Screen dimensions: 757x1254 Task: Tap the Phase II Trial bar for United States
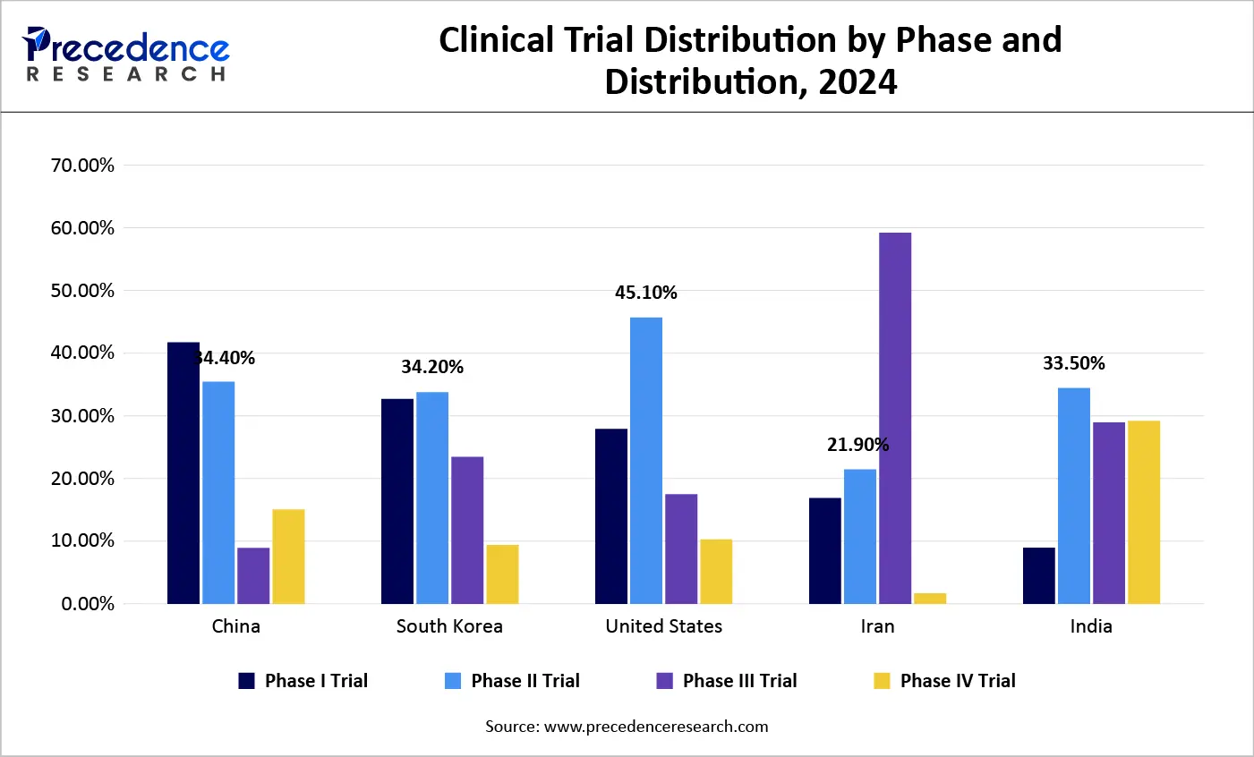coord(646,460)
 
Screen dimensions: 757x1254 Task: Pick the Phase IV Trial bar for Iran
coord(930,598)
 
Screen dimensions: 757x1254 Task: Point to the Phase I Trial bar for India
coord(1039,575)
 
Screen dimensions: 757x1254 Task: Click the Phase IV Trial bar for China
coord(288,556)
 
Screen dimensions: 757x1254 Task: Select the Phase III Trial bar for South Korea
coord(467,530)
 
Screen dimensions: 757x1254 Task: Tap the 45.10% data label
coord(646,293)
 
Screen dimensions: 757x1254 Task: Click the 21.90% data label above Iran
coord(857,445)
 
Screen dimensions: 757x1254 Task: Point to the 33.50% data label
coord(1073,363)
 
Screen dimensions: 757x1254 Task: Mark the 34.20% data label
coord(432,367)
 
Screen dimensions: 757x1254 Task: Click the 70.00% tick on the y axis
coord(82,166)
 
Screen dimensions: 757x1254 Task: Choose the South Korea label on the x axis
coord(449,626)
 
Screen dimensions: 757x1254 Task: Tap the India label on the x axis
coord(1091,626)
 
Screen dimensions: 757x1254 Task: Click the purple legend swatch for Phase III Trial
coord(664,681)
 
